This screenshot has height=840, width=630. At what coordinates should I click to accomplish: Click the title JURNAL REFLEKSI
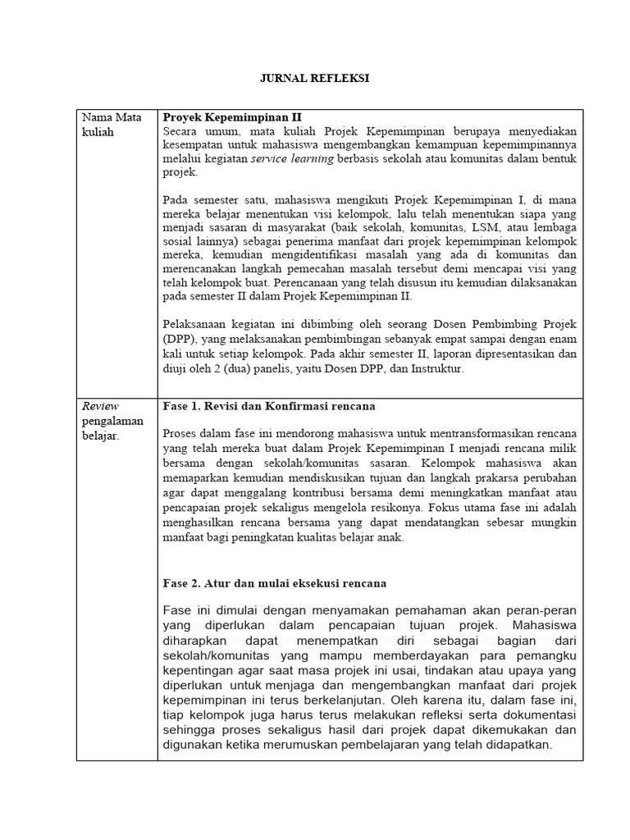[314, 79]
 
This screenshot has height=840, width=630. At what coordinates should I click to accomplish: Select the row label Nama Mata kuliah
[112, 124]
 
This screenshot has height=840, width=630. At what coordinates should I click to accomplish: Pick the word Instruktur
[435, 369]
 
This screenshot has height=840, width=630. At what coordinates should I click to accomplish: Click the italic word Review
[100, 406]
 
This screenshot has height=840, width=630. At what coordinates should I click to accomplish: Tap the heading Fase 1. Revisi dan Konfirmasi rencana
[270, 406]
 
